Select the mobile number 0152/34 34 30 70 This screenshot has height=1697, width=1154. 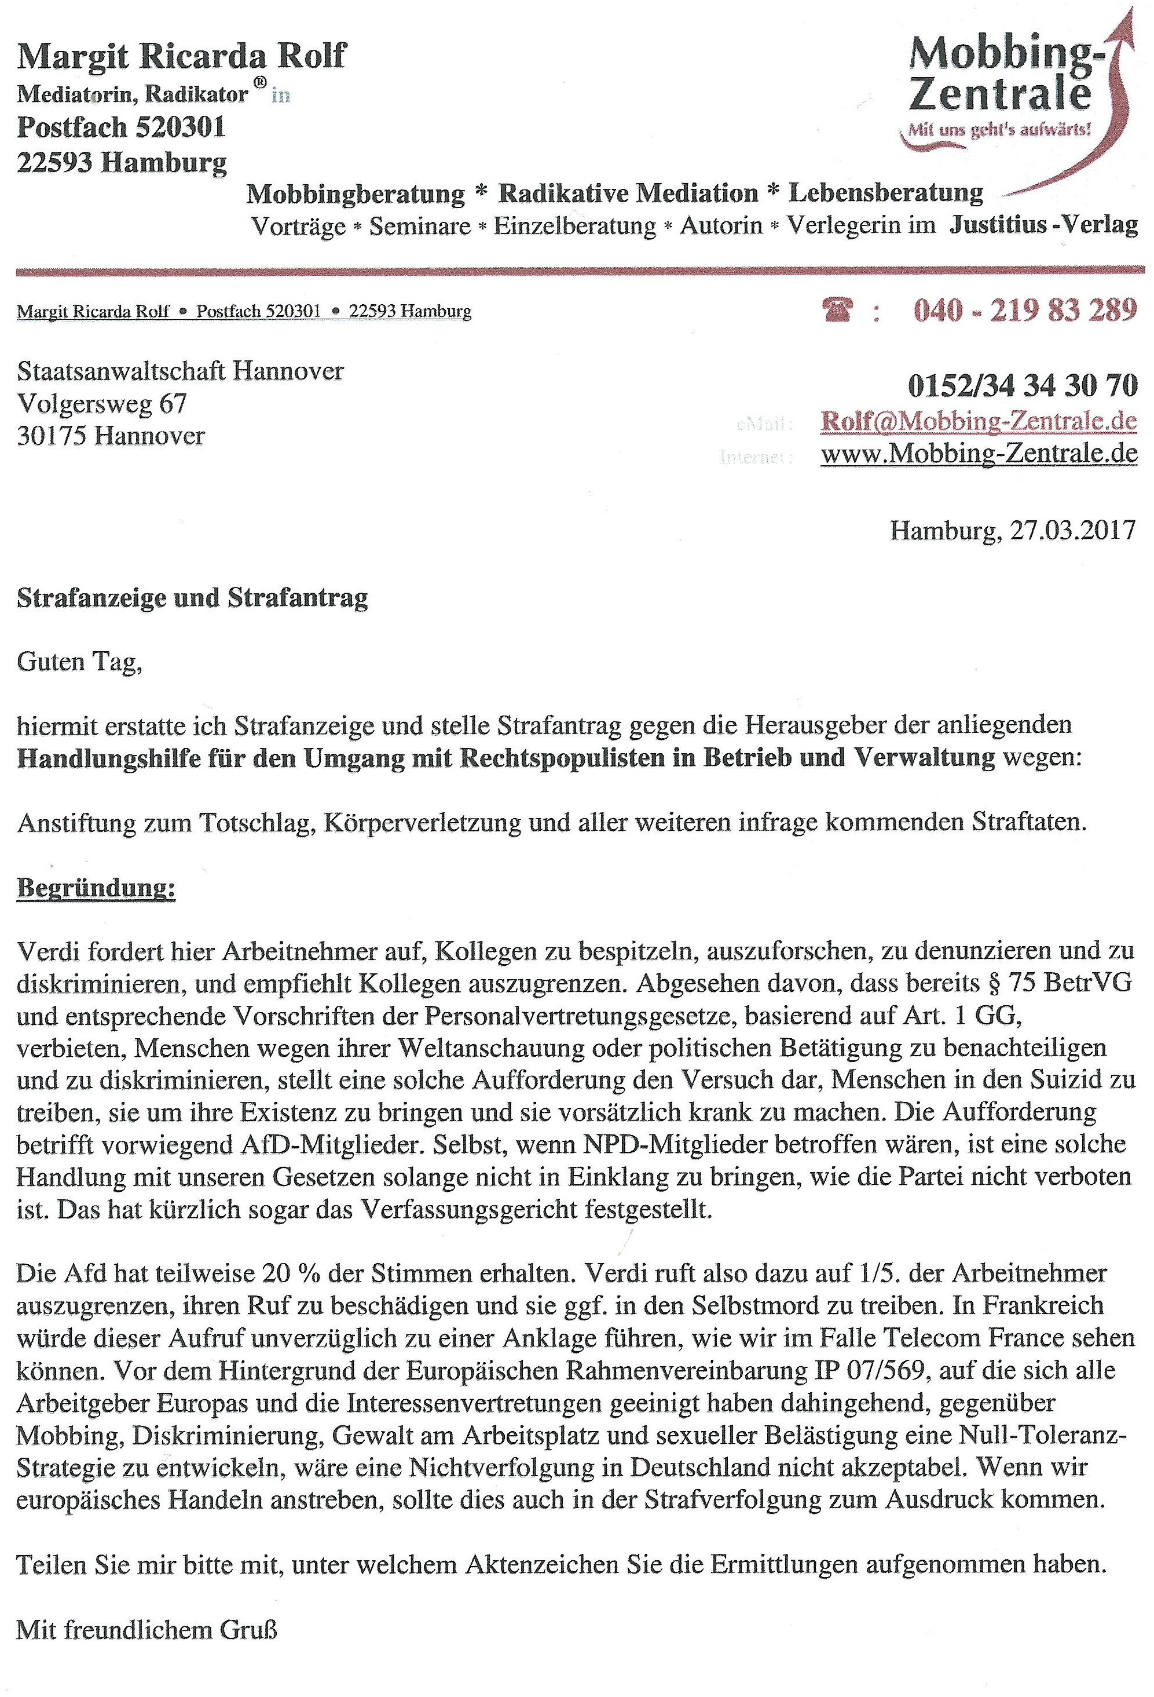(1022, 385)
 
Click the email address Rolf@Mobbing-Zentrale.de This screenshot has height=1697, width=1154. (979, 421)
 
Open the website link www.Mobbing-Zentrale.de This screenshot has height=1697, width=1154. (979, 454)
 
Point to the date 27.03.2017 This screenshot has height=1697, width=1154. (1072, 530)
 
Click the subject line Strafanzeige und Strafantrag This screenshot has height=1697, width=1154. (192, 597)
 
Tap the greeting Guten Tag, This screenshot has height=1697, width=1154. (79, 662)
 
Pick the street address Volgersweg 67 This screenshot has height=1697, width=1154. (101, 403)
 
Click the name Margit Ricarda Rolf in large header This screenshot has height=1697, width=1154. (181, 56)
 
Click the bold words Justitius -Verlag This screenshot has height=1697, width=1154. (1043, 225)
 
